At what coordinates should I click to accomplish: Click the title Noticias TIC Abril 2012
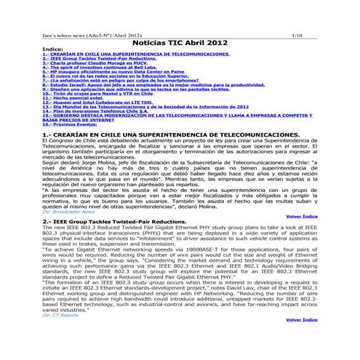pyautogui.click(x=180, y=44)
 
